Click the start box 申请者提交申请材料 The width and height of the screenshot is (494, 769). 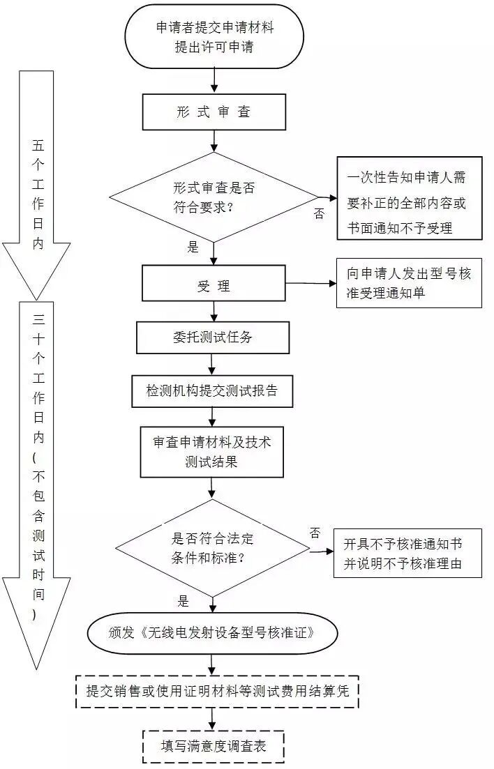(x=214, y=37)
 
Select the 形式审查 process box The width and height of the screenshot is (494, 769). (x=214, y=112)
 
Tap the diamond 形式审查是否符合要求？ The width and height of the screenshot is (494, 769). (x=214, y=198)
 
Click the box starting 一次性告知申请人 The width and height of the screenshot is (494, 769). (x=410, y=198)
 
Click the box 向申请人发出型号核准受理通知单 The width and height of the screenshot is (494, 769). (x=410, y=283)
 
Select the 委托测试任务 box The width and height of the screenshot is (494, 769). (x=214, y=337)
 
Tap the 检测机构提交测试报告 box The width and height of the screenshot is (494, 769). (x=212, y=391)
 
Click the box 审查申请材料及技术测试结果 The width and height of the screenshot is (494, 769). (x=212, y=452)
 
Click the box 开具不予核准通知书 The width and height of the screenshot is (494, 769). (x=407, y=554)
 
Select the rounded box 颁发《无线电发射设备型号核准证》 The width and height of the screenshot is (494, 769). (x=212, y=633)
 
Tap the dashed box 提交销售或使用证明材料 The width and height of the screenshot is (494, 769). (x=217, y=691)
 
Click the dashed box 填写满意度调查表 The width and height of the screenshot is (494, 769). (x=214, y=747)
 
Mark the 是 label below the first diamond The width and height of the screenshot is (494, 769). (x=193, y=246)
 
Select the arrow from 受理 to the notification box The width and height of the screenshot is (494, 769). (x=310, y=283)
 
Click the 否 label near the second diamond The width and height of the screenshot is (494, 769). (x=315, y=533)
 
